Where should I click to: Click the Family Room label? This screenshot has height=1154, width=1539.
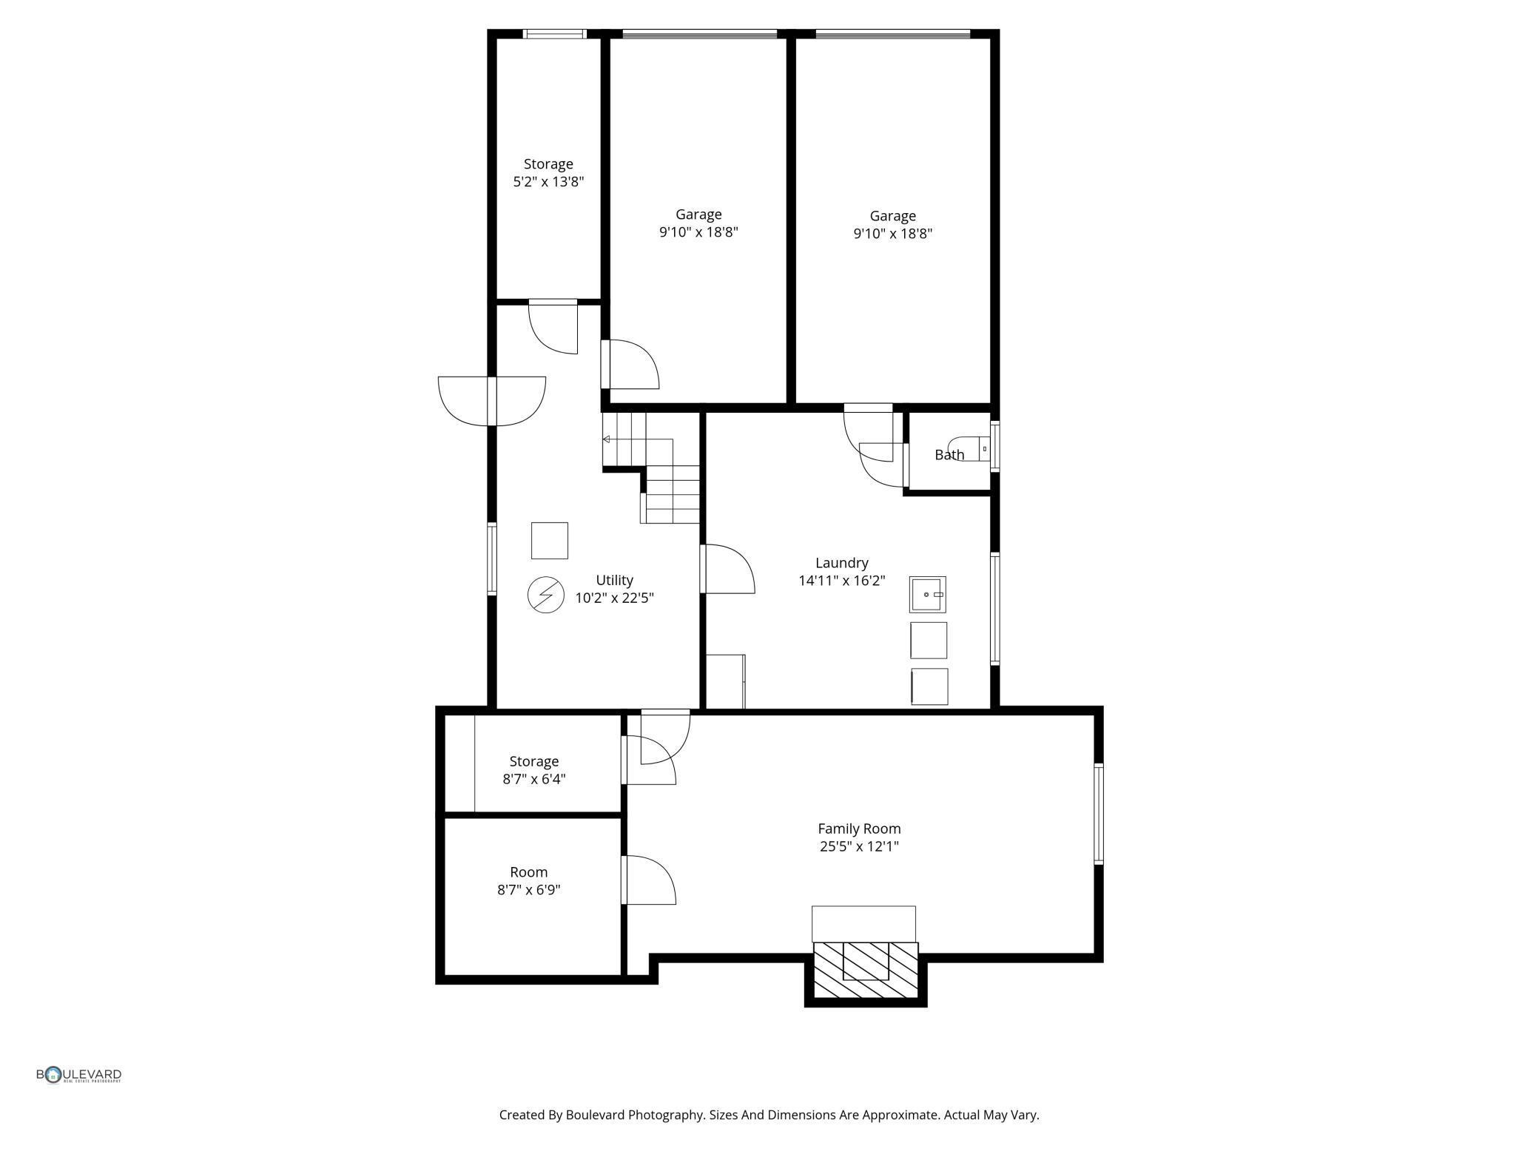[x=858, y=829]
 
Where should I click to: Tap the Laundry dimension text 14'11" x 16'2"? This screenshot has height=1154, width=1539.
[x=841, y=581]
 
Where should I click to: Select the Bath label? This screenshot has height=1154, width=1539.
[x=949, y=455]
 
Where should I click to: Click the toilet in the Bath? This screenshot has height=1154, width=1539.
[x=971, y=448]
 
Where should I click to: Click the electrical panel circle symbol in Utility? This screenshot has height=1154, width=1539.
[x=546, y=594]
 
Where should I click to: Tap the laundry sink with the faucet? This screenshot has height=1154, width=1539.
[x=927, y=594]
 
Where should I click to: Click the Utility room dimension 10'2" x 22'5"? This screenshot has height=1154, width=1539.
[x=614, y=598]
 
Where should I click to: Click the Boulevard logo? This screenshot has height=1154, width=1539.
[x=79, y=1075]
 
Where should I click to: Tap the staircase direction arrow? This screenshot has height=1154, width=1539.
[x=607, y=439]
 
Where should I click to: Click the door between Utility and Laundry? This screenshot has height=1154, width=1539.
[x=727, y=570]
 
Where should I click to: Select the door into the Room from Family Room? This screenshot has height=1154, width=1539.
[x=648, y=880]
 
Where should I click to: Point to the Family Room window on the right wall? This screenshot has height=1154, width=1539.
[x=1098, y=814]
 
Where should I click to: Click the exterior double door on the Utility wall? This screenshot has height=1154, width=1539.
[x=492, y=401]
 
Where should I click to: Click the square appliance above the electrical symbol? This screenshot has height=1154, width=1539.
[x=549, y=541]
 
